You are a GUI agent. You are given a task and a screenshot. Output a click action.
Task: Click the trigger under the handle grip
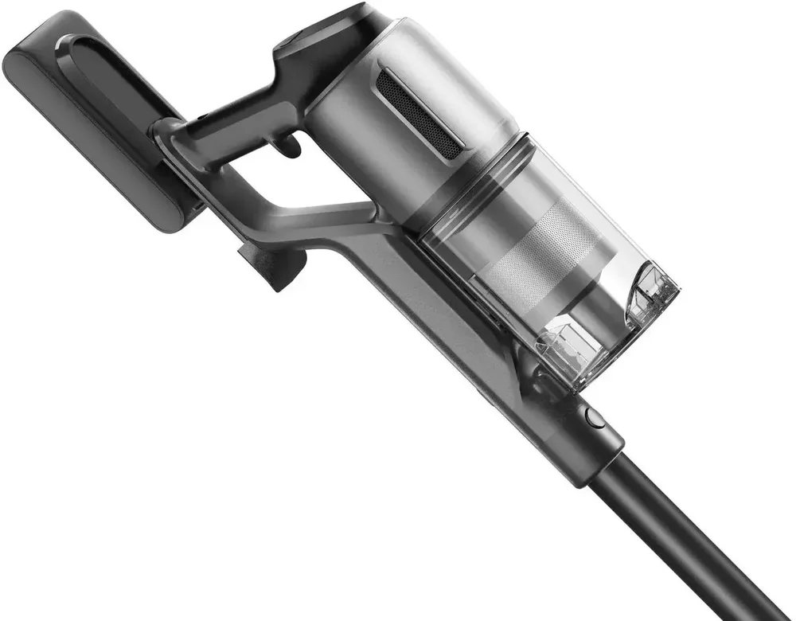pos(288,144)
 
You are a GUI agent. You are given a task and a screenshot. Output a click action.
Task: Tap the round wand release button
pos(592,416)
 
